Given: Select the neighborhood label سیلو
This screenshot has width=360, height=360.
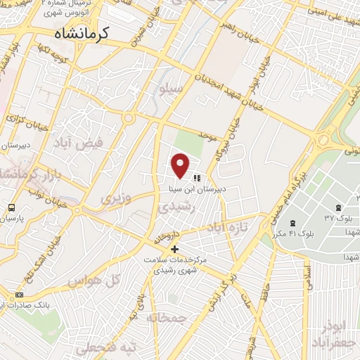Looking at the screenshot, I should pos(173,89).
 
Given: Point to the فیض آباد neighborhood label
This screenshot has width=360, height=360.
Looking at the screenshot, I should pos(78,143).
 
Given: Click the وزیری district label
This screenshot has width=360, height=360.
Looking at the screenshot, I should pos(116,199).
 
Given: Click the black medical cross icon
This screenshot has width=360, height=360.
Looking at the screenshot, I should pos(174,249).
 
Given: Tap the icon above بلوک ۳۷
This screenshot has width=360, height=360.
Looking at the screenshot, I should pos(339,206).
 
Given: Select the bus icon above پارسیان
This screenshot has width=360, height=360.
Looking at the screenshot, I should pos(11,207).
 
